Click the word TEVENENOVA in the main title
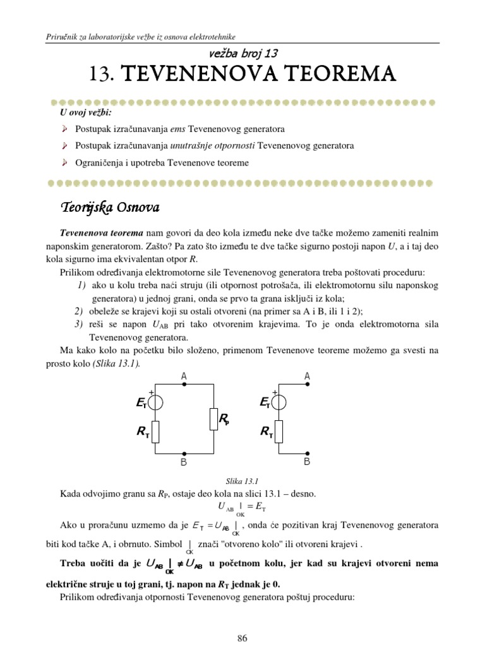click(x=189, y=75)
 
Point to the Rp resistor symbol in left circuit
click(x=213, y=419)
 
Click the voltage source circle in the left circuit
click(x=155, y=402)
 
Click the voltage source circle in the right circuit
click(x=278, y=402)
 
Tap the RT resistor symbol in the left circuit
click(x=155, y=433)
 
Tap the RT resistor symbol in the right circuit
click(x=278, y=433)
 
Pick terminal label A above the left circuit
click(x=184, y=377)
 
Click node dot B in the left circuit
click(x=184, y=454)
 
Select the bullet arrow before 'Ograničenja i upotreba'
click(x=64, y=162)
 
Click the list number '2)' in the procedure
click(x=78, y=311)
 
